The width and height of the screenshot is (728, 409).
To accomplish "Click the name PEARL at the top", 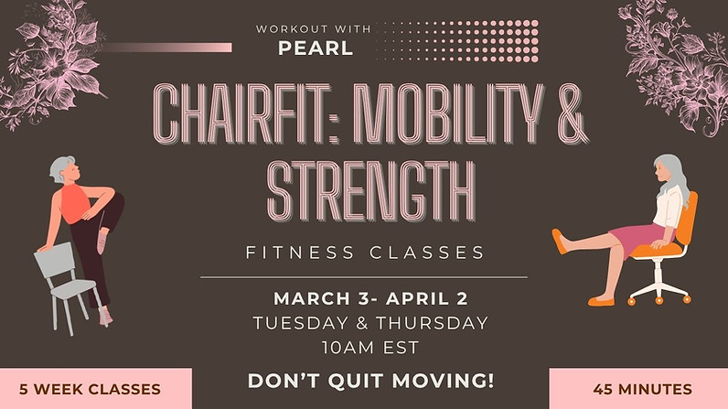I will click(316, 48).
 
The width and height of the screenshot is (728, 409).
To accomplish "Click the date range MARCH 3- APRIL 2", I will click(363, 299).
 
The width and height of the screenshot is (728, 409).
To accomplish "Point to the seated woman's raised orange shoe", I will click(560, 242).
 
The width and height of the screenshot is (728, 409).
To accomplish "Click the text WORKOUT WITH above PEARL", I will click(316, 29).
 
